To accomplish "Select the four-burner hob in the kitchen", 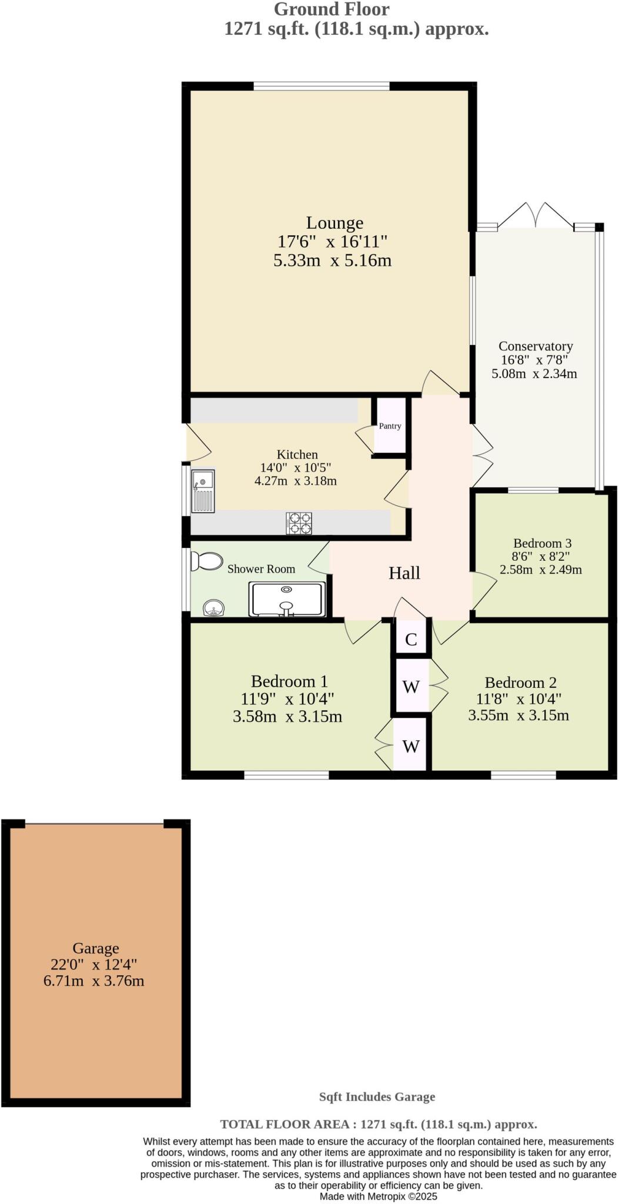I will [x=299, y=523].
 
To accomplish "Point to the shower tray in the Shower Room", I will [x=287, y=598].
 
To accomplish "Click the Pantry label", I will [x=390, y=426].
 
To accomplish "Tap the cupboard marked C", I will [x=411, y=640].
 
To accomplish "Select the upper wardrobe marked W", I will [x=411, y=686].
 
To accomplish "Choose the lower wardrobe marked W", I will [x=411, y=747].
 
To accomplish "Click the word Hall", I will [x=404, y=573].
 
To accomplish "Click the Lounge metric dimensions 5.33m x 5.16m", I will [x=333, y=260].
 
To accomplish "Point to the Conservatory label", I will [x=536, y=346].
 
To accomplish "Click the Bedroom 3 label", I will [x=542, y=543].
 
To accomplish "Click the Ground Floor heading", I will [x=332, y=9].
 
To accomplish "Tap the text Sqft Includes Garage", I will [x=377, y=1096].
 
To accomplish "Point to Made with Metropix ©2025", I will [x=379, y=1196].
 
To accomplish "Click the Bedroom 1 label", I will [x=289, y=681].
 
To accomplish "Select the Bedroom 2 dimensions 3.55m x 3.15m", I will [x=518, y=715].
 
